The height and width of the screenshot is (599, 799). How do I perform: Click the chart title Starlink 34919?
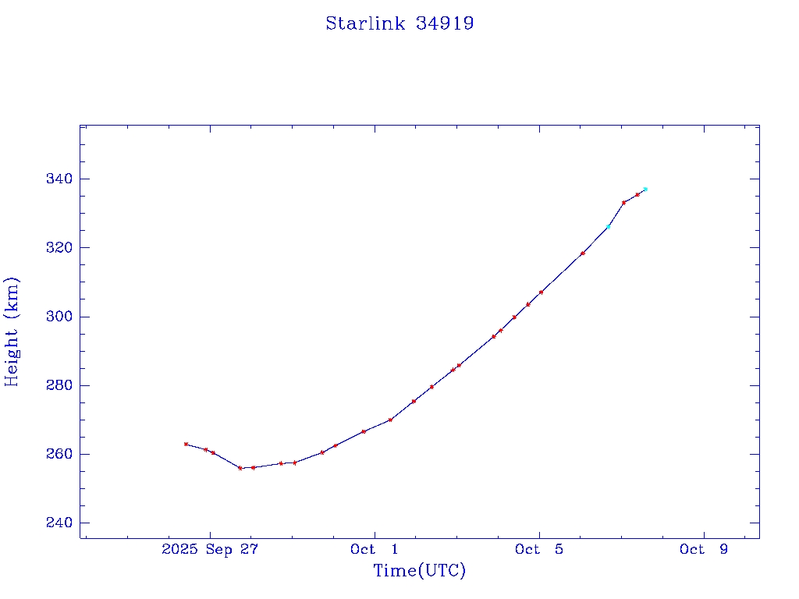(399, 23)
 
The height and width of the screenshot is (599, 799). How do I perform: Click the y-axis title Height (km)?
(12, 331)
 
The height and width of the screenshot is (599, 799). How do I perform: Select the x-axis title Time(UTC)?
(419, 571)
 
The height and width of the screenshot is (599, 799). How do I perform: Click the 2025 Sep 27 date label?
(209, 550)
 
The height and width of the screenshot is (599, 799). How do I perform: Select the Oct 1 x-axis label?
(375, 550)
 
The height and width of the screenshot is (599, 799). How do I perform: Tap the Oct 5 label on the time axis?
(539, 550)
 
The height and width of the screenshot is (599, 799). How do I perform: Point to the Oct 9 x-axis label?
(704, 550)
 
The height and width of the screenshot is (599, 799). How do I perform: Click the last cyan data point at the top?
(645, 189)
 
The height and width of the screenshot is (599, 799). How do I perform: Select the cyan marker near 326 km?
(609, 227)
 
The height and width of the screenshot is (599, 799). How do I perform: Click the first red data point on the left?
(186, 444)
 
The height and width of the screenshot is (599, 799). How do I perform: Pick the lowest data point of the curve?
(240, 468)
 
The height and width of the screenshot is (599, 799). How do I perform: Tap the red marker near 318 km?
(583, 253)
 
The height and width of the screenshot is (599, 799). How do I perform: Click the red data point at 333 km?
(623, 203)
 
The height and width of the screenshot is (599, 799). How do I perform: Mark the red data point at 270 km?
(390, 420)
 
